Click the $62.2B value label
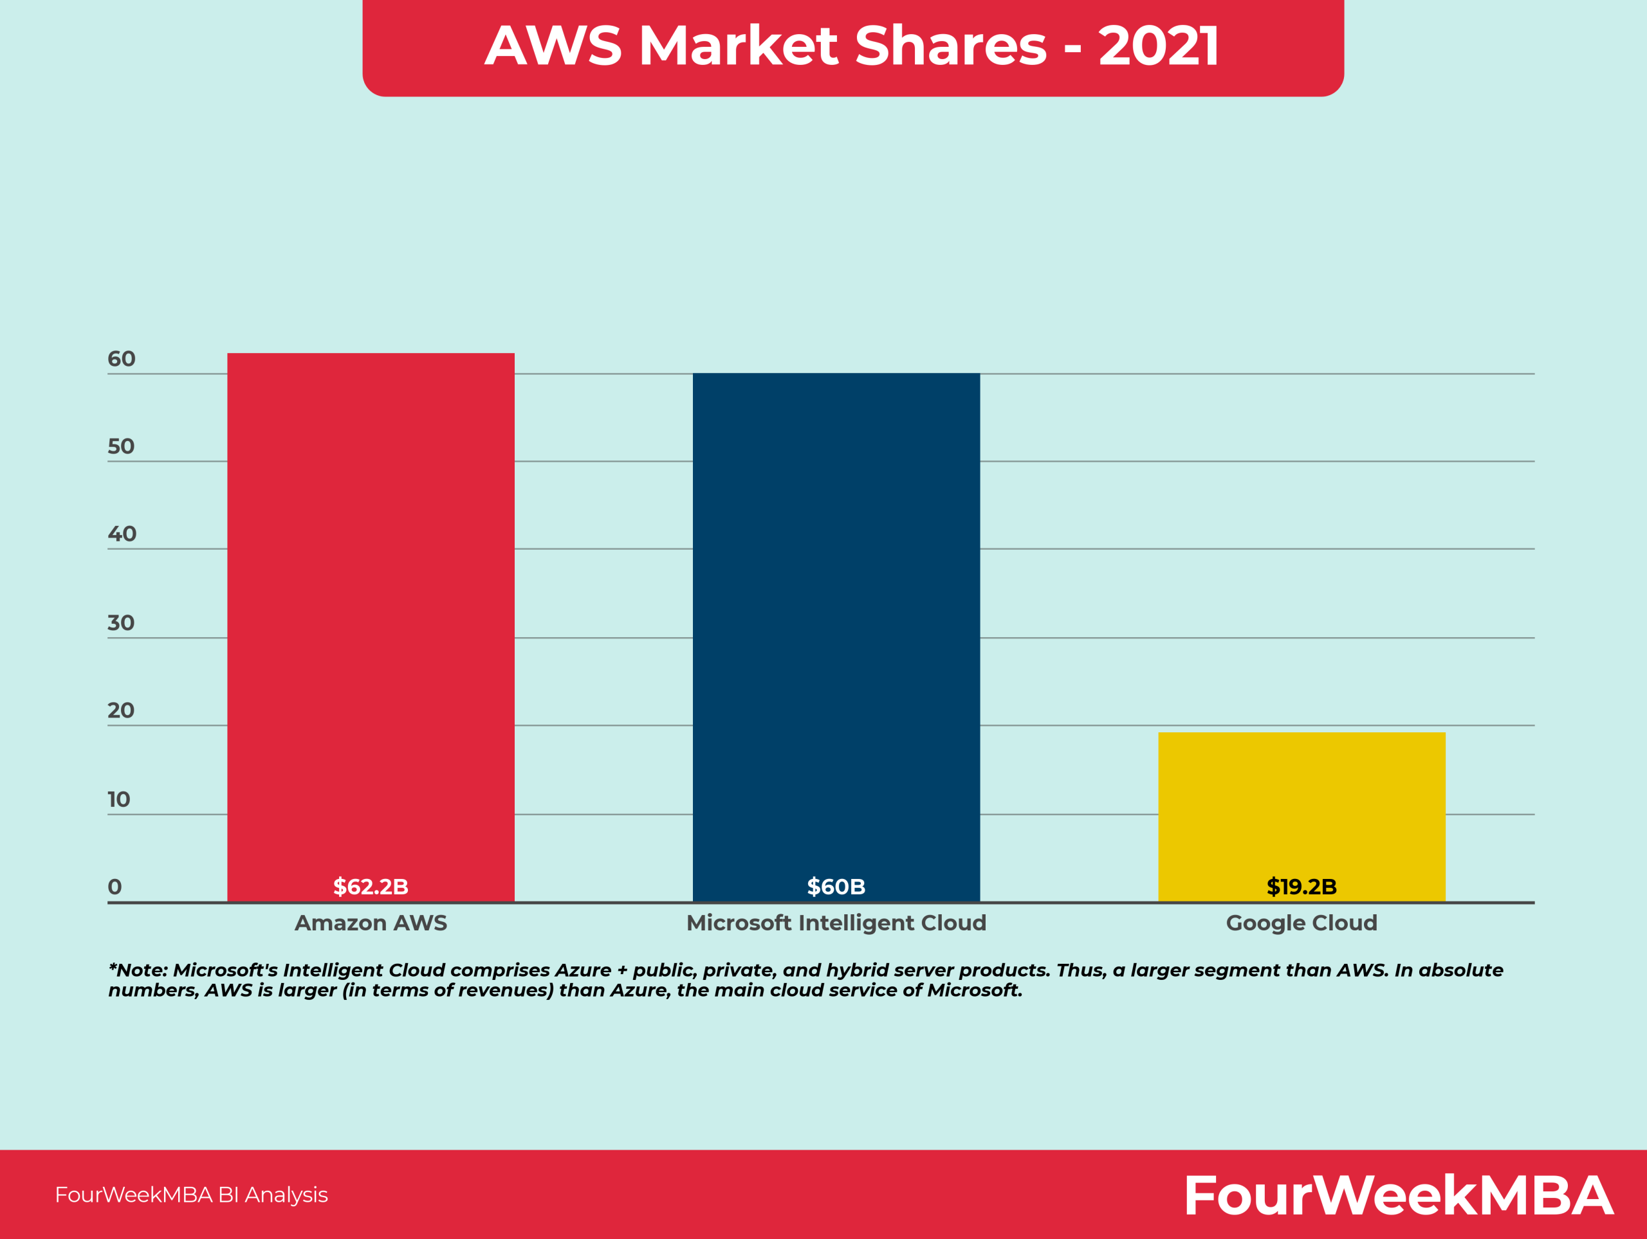[371, 886]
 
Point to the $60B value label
[836, 886]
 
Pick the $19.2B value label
[1302, 886]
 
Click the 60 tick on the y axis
[122, 359]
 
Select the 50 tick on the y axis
[120, 446]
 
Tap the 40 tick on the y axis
[122, 534]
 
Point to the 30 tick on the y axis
[120, 623]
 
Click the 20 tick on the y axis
[120, 710]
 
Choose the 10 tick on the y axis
[118, 799]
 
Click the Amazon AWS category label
[371, 923]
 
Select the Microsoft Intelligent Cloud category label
[836, 923]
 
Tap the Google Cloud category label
[1302, 923]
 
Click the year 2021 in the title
[1159, 46]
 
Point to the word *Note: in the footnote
[138, 970]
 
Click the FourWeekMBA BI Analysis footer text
[191, 1195]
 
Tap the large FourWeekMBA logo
[1398, 1195]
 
